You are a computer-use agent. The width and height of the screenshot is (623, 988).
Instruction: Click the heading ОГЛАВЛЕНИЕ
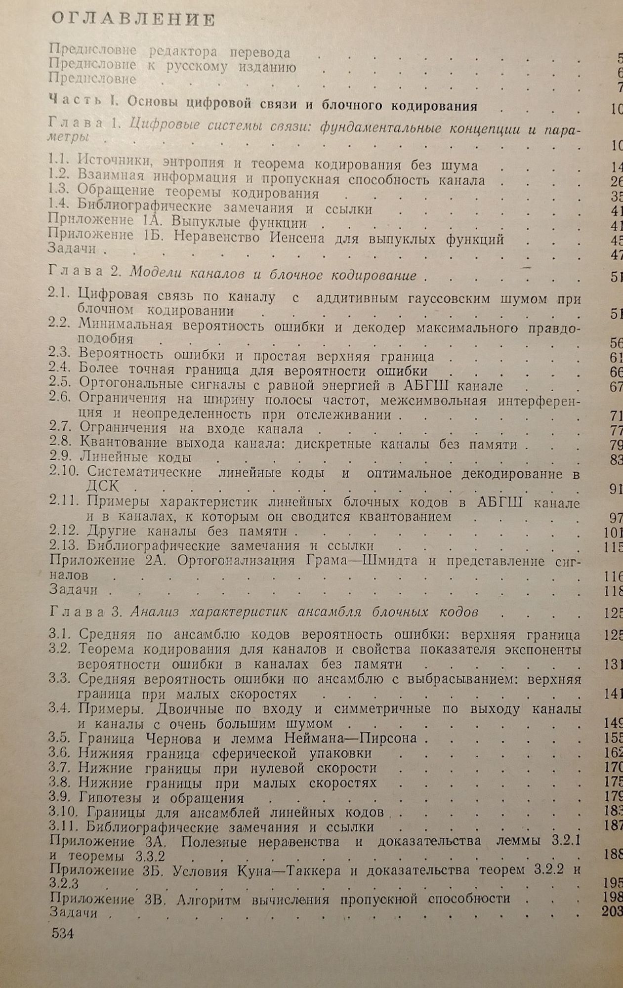click(133, 20)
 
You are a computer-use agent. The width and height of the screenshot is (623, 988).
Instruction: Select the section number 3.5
click(60, 738)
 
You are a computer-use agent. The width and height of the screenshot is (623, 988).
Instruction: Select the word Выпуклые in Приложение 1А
click(207, 223)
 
